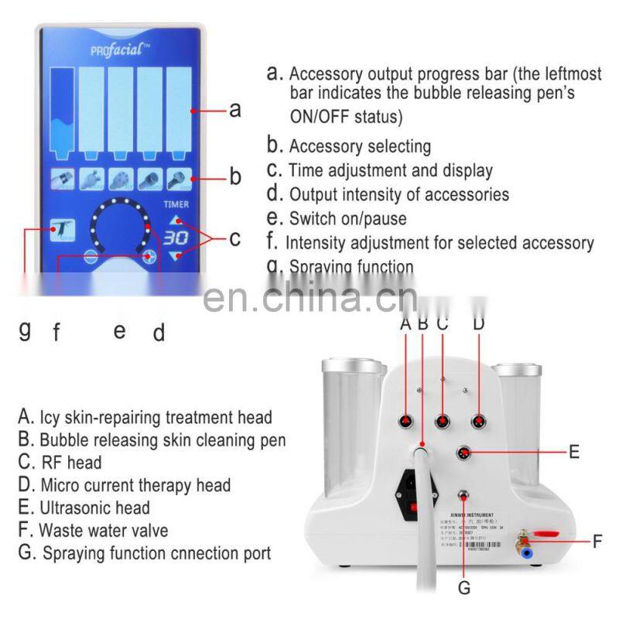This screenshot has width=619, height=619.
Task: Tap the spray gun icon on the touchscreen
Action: point(61,231)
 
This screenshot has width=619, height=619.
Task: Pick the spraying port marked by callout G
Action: point(463,498)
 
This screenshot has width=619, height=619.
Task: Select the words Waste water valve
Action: point(104,531)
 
